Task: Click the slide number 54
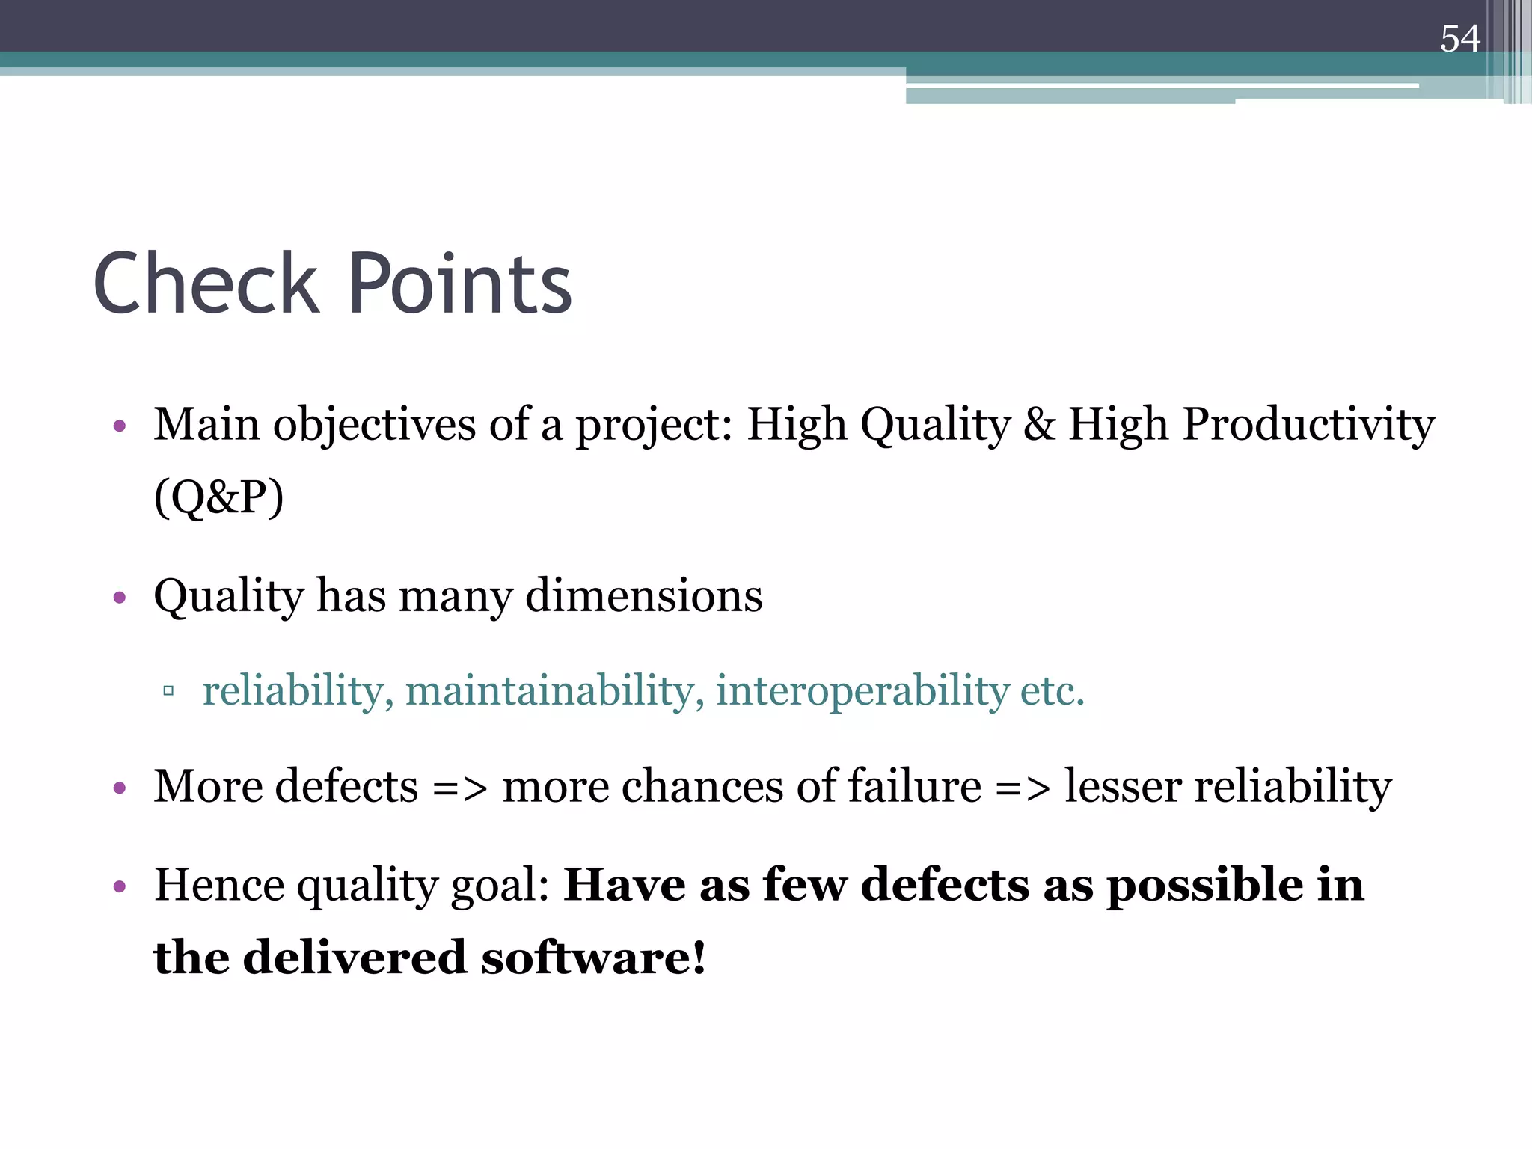pos(1459,39)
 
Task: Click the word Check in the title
pos(206,284)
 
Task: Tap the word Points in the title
pos(460,284)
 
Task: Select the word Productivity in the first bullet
pos(1308,425)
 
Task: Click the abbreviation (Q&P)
pos(218,497)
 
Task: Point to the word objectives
pos(374,425)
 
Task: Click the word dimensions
pos(644,596)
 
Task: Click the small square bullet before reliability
pos(168,690)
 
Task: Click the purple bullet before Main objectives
pos(119,427)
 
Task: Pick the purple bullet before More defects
pos(119,788)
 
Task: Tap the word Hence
pos(219,885)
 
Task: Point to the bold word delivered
pos(355,957)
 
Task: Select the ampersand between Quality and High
pos(1040,425)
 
